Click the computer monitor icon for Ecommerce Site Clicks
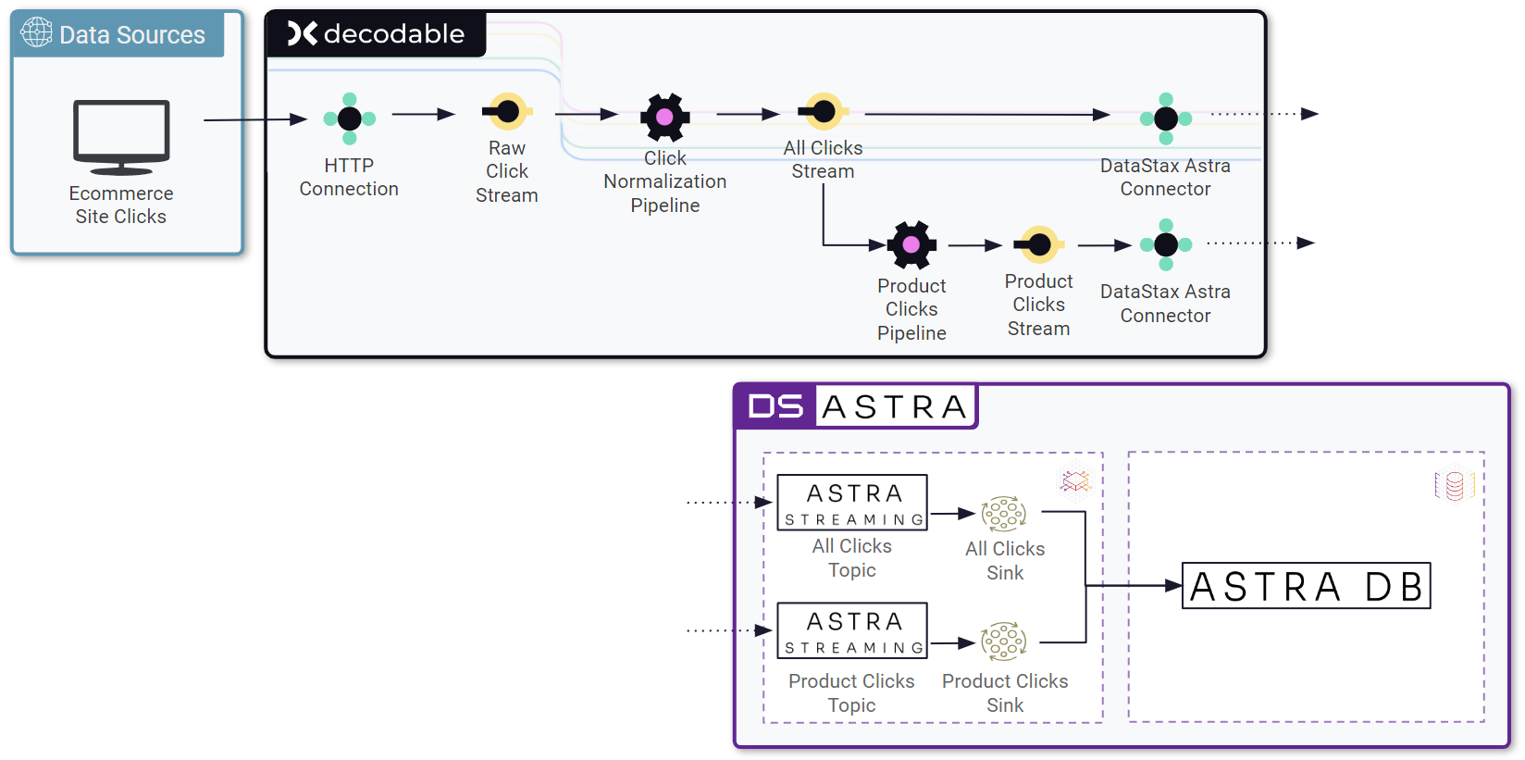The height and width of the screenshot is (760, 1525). tap(121, 136)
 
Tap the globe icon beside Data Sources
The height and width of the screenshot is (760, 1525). tap(36, 32)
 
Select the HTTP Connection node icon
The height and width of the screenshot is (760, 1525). tap(349, 118)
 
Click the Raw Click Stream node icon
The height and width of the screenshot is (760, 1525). tap(507, 112)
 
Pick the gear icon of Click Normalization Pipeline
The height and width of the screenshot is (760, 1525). tap(664, 118)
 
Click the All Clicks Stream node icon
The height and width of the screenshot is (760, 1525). tap(823, 112)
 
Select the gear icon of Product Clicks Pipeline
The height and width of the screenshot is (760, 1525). tap(911, 244)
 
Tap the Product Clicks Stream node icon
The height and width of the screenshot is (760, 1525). tap(1039, 244)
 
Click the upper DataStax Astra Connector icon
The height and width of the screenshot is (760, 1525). tap(1166, 118)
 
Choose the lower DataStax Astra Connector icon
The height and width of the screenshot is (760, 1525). tap(1166, 244)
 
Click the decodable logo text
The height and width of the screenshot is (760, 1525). tap(377, 34)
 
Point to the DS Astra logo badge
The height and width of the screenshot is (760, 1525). tap(855, 406)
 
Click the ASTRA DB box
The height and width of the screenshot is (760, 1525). tap(1306, 586)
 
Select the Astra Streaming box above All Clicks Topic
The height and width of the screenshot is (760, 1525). tap(851, 503)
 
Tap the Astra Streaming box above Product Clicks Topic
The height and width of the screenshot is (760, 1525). tap(851, 630)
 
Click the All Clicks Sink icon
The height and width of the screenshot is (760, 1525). tap(1004, 513)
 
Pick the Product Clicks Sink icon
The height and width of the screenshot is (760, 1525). tap(1004, 641)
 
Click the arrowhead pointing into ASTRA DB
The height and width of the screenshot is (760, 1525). tap(1173, 586)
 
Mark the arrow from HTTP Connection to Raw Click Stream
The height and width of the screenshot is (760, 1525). tap(423, 114)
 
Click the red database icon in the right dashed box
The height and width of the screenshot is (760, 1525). tap(1454, 485)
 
